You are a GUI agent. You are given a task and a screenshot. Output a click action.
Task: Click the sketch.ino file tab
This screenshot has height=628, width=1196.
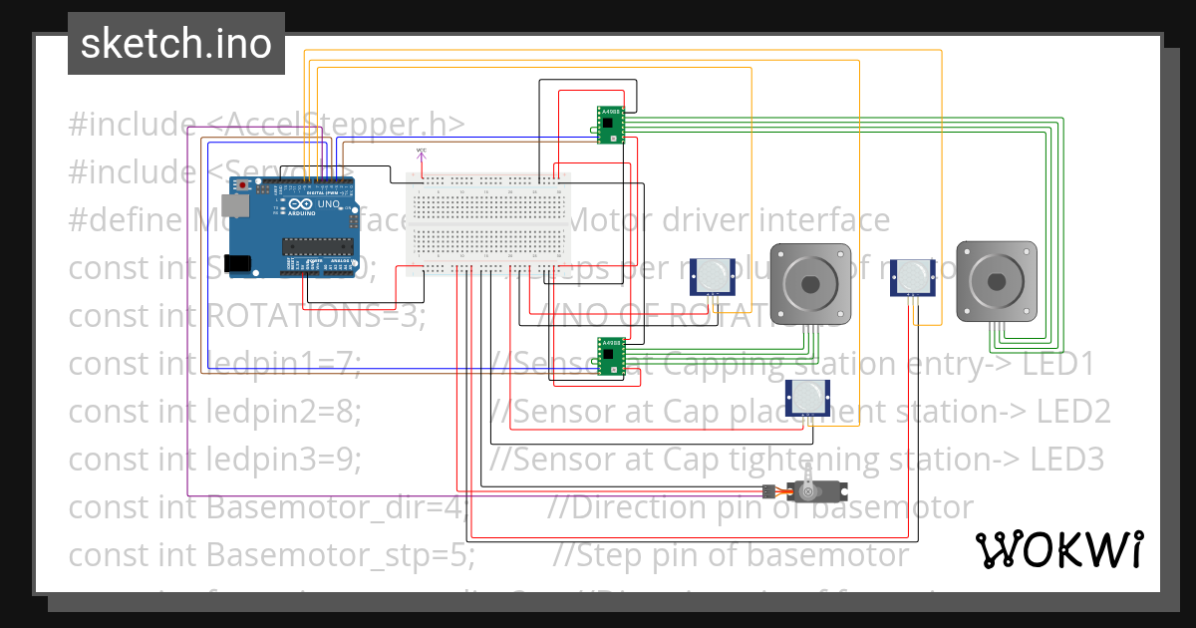click(x=175, y=44)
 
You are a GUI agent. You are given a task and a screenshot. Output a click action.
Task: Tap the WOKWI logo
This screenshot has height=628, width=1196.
click(x=1058, y=549)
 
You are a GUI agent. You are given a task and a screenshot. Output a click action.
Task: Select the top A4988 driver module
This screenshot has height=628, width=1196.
click(x=611, y=126)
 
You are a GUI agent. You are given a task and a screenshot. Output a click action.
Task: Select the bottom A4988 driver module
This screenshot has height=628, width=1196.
click(x=611, y=358)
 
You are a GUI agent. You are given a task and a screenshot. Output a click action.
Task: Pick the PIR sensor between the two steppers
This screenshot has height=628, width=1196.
click(x=912, y=277)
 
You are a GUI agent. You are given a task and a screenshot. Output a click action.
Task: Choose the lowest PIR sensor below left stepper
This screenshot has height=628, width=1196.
click(x=808, y=397)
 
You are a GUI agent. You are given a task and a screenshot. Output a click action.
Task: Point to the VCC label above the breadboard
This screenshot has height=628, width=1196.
click(x=421, y=151)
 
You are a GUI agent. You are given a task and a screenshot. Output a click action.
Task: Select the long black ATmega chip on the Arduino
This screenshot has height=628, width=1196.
click(x=318, y=247)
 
